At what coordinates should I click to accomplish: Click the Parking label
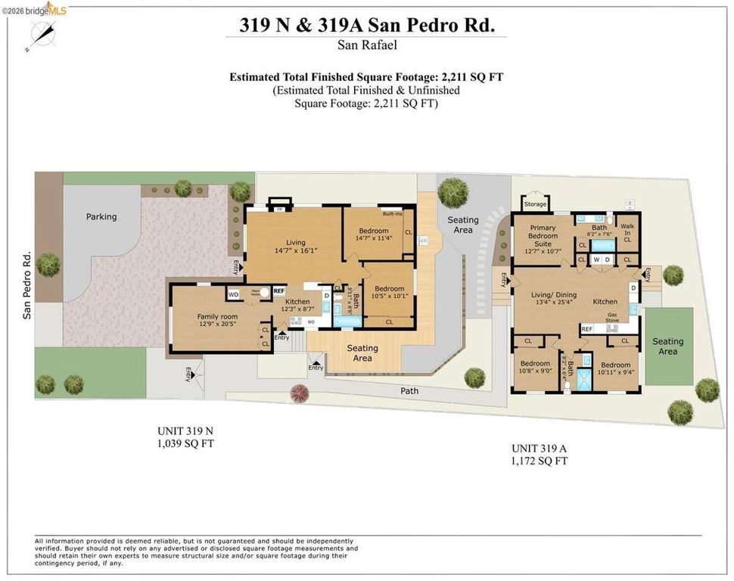[101, 217]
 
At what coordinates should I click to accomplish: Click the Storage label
[535, 204]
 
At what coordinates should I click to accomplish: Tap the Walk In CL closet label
[627, 232]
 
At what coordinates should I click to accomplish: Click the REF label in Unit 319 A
[586, 329]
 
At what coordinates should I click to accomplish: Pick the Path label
[409, 391]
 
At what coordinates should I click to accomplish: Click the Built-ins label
[391, 213]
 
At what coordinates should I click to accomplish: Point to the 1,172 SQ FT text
[540, 460]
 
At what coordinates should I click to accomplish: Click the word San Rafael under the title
[366, 45]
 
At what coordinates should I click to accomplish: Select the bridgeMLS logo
[35, 9]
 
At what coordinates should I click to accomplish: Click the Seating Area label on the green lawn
[667, 346]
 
